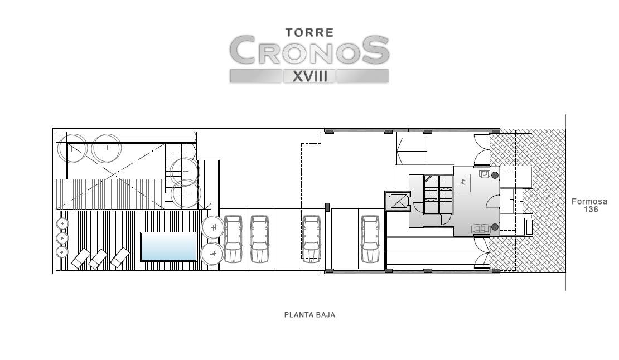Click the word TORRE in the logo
coord(309,32)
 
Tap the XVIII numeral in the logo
coord(310,76)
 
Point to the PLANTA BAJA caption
coord(309,315)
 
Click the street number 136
coord(591,210)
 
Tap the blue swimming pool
coord(168,247)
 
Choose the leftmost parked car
coord(233,239)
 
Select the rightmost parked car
coord(370,239)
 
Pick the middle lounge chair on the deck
coord(98,259)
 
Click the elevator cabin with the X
coord(398,201)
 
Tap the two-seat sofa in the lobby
coord(481,228)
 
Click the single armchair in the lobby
coord(485,174)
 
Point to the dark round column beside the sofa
coord(495,227)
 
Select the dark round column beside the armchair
coord(495,176)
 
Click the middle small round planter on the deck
coord(62,238)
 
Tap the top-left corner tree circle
coord(72,148)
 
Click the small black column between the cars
coord(327,207)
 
